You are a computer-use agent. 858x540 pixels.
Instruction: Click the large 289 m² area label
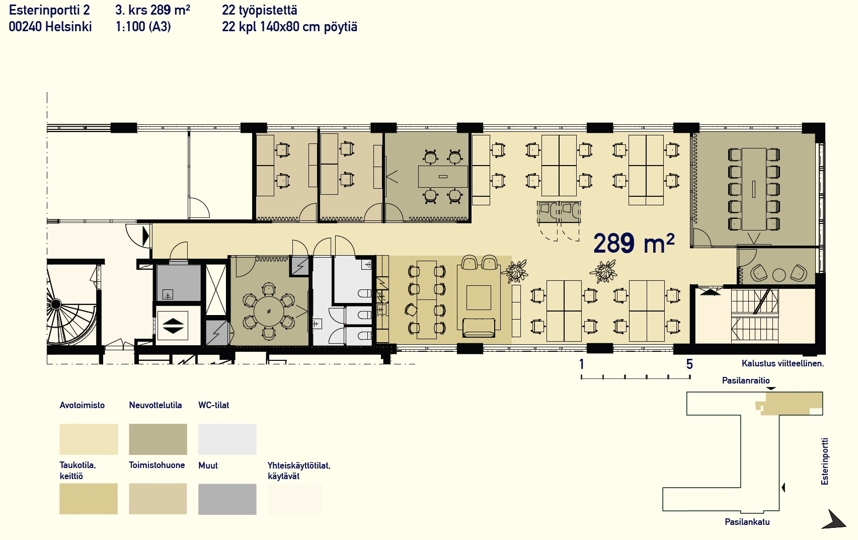(633, 244)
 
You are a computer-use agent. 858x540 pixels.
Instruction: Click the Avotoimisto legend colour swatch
(89, 439)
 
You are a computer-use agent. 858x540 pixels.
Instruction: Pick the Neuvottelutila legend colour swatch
(158, 439)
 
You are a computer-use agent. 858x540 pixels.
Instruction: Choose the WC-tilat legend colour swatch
(227, 439)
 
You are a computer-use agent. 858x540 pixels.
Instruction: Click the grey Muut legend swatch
(227, 499)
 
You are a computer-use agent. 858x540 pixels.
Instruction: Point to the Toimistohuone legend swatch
(158, 499)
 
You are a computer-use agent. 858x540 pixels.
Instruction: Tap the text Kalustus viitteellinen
(783, 363)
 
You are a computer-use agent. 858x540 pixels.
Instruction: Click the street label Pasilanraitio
(746, 380)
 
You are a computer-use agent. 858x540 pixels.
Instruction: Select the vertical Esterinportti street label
(824, 461)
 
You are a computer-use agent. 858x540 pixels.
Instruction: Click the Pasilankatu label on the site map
(747, 522)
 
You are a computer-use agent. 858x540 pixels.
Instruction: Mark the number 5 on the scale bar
(689, 364)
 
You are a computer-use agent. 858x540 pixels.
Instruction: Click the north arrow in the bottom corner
(835, 520)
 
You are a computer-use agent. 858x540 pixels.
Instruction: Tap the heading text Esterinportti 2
(49, 10)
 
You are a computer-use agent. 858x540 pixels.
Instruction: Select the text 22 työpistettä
(259, 10)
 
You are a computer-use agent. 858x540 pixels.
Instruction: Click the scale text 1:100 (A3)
(143, 27)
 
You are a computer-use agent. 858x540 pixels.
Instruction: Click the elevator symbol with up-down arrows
(172, 326)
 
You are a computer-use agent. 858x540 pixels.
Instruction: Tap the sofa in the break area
(479, 327)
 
